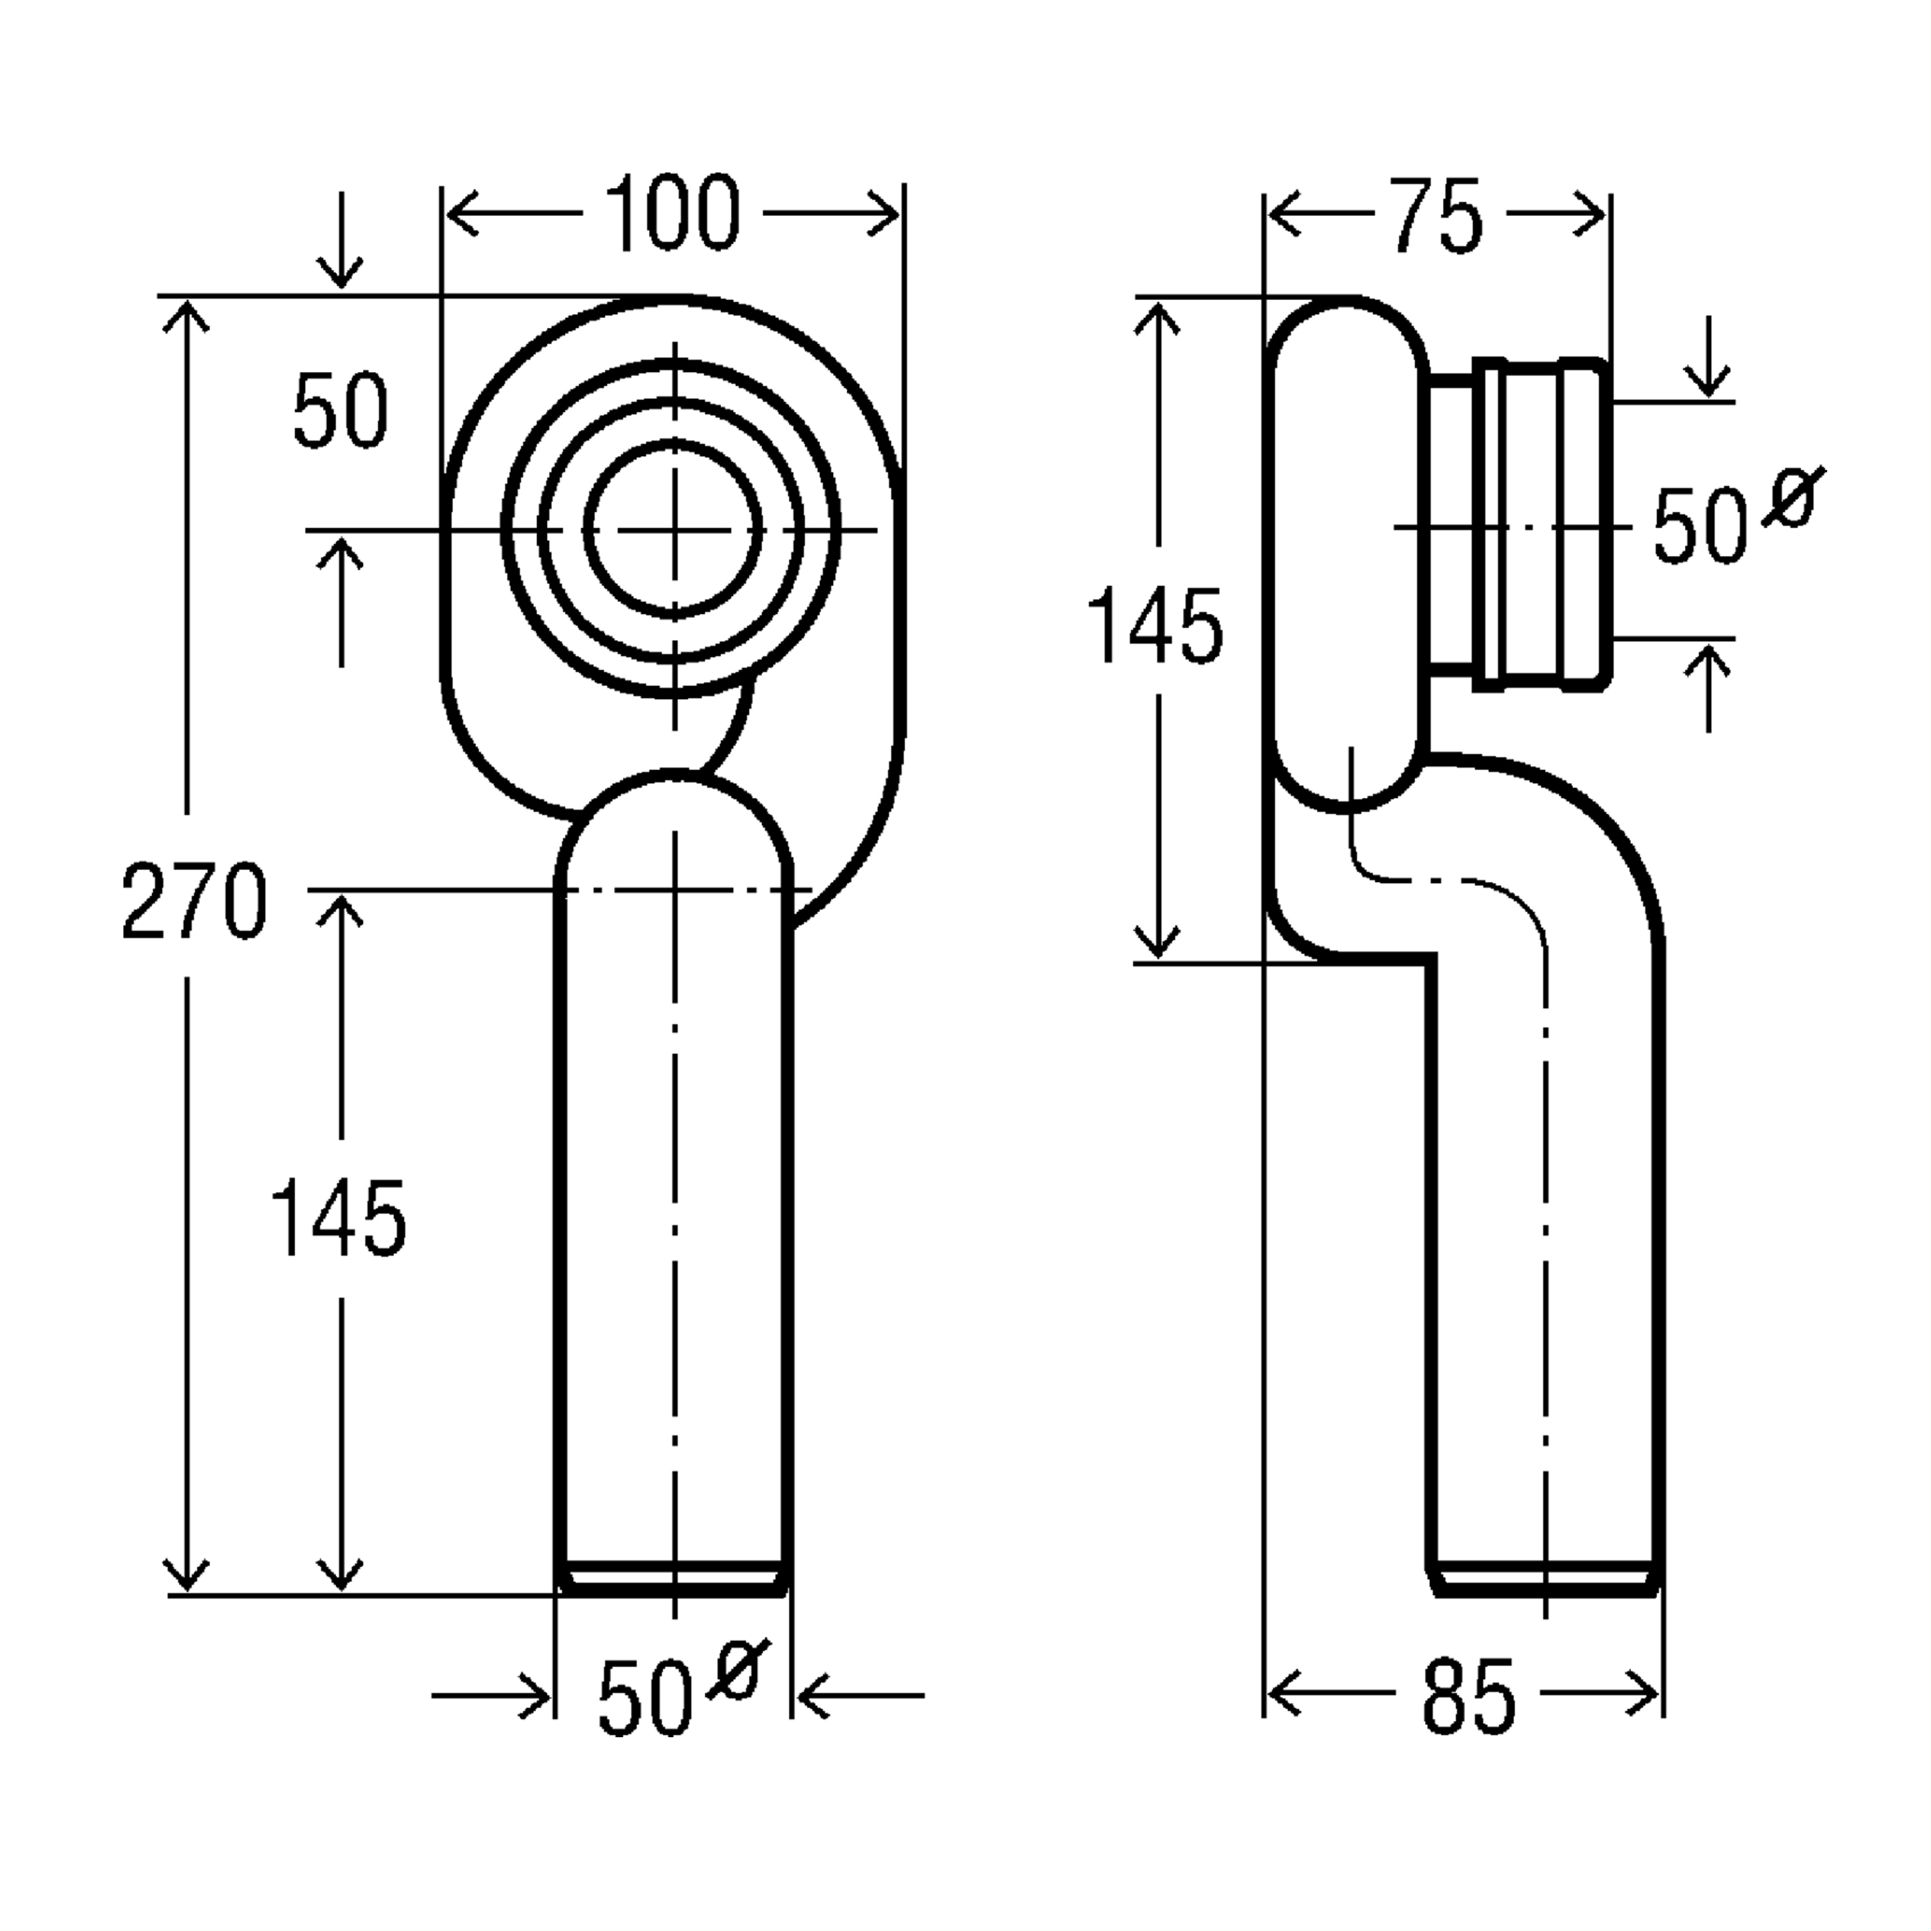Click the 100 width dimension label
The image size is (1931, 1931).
click(x=673, y=213)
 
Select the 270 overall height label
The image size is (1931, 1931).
click(x=194, y=902)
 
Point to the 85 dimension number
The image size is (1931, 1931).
click(x=1468, y=1696)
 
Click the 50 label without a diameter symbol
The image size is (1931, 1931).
click(x=340, y=410)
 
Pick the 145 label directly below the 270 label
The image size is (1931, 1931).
click(x=338, y=1217)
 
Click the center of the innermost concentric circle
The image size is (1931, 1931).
click(x=674, y=530)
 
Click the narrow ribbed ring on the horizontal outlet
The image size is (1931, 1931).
click(x=1488, y=525)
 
